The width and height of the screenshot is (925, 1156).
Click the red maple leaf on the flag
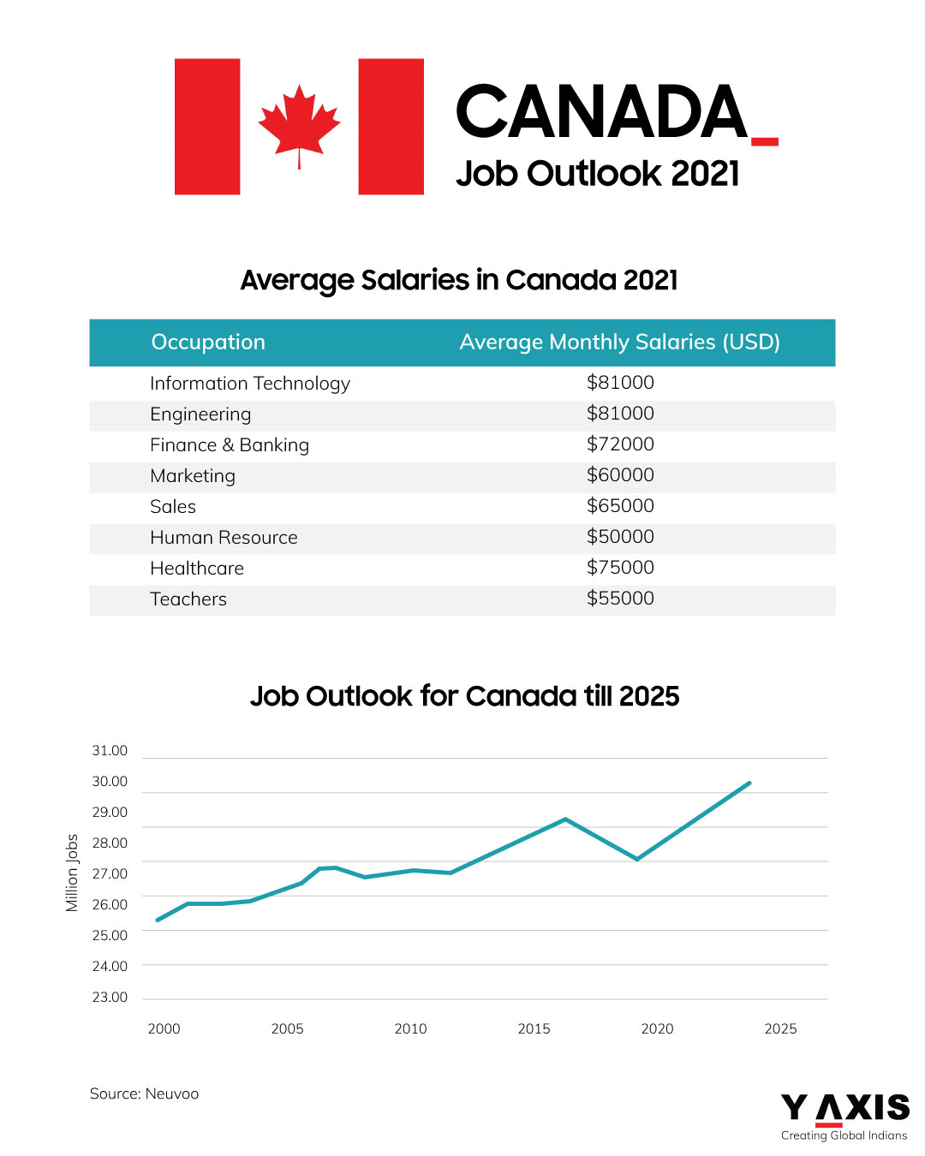(x=299, y=124)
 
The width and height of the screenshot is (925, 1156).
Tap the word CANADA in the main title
(x=602, y=112)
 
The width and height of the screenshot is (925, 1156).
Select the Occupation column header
(x=208, y=343)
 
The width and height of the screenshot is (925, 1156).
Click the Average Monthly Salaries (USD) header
(x=619, y=343)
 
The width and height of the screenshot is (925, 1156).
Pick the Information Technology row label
(x=249, y=384)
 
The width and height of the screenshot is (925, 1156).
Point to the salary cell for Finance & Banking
(x=620, y=444)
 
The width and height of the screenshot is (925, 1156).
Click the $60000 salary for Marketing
(x=620, y=475)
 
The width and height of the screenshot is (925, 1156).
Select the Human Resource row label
(x=224, y=538)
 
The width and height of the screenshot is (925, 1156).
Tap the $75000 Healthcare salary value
(x=620, y=568)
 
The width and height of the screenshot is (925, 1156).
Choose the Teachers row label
(x=188, y=599)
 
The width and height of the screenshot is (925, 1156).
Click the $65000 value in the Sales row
(x=620, y=506)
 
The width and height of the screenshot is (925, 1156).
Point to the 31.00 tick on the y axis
(x=110, y=751)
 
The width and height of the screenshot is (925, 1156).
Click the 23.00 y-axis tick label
(x=110, y=998)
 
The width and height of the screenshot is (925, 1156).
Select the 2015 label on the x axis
(x=534, y=1029)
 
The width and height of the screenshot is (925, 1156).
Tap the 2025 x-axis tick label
(x=780, y=1029)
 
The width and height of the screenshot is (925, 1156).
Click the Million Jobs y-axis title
(x=72, y=873)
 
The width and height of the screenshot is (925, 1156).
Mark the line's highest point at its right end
(x=749, y=783)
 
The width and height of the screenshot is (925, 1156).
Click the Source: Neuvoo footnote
(x=144, y=1094)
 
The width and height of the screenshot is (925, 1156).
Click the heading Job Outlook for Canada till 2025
(x=464, y=696)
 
